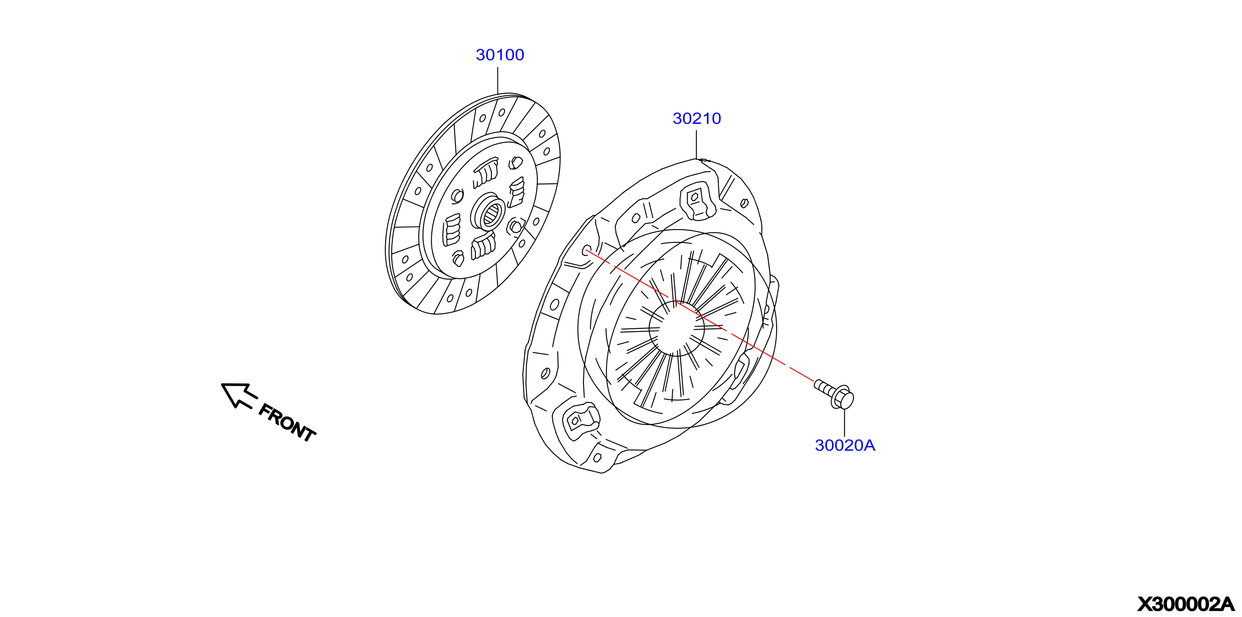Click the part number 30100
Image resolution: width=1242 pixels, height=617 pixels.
click(500, 55)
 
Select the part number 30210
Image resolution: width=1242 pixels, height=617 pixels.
click(697, 118)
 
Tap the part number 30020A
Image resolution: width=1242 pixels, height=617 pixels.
click(845, 445)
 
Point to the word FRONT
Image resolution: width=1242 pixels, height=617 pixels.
click(287, 423)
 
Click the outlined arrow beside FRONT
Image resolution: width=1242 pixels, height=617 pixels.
click(239, 395)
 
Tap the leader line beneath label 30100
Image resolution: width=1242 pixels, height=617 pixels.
click(497, 81)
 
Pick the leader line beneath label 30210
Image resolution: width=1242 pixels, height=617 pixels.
click(696, 145)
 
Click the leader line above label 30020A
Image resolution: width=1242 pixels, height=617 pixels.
click(844, 423)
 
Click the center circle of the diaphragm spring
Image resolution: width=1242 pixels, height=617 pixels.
click(676, 329)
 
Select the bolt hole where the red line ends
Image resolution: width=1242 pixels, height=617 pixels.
click(587, 251)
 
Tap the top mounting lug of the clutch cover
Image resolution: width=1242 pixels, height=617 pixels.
click(697, 200)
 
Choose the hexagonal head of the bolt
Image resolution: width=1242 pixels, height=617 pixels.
click(843, 398)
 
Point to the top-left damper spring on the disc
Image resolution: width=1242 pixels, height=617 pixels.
click(485, 173)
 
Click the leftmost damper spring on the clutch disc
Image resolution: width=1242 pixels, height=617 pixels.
click(452, 230)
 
